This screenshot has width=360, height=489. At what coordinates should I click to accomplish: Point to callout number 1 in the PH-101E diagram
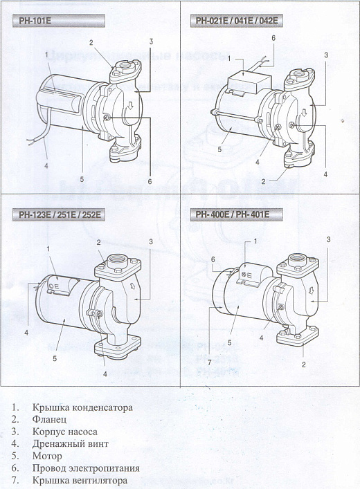(x=46, y=54)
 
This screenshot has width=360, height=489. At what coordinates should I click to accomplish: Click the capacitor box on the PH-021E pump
(x=246, y=82)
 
